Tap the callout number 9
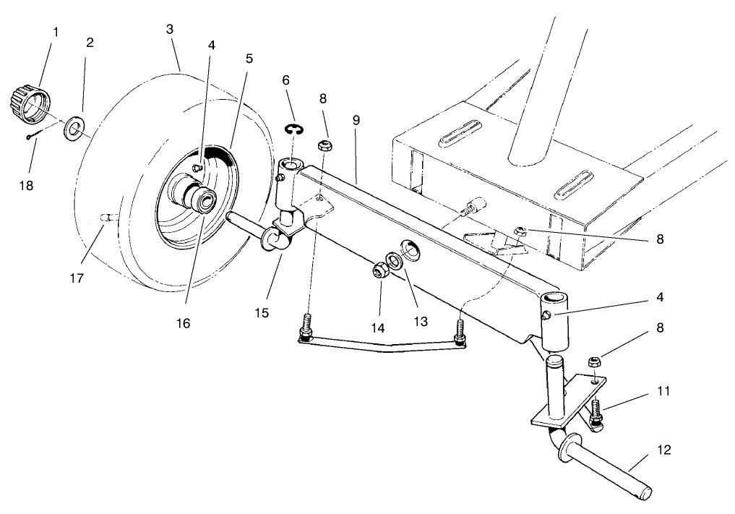click(356, 120)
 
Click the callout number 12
click(665, 450)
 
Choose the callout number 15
click(262, 312)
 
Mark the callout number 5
click(249, 59)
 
